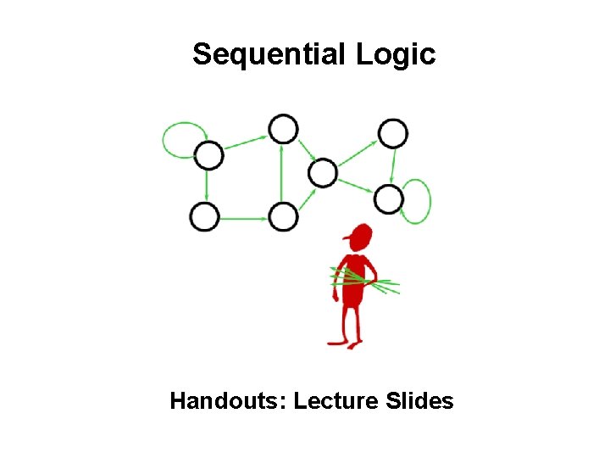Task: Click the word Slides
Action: [x=419, y=400]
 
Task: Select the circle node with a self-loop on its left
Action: [x=208, y=155]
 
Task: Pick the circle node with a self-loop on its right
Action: [x=389, y=199]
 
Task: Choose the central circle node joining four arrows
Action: [x=322, y=174]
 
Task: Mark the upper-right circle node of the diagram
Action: [x=393, y=133]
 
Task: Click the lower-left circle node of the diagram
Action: [x=204, y=217]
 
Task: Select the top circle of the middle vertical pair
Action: [x=283, y=130]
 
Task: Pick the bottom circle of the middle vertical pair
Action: [x=284, y=217]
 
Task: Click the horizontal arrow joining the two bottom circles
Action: [x=244, y=218]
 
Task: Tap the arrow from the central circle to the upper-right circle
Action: [x=358, y=154]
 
